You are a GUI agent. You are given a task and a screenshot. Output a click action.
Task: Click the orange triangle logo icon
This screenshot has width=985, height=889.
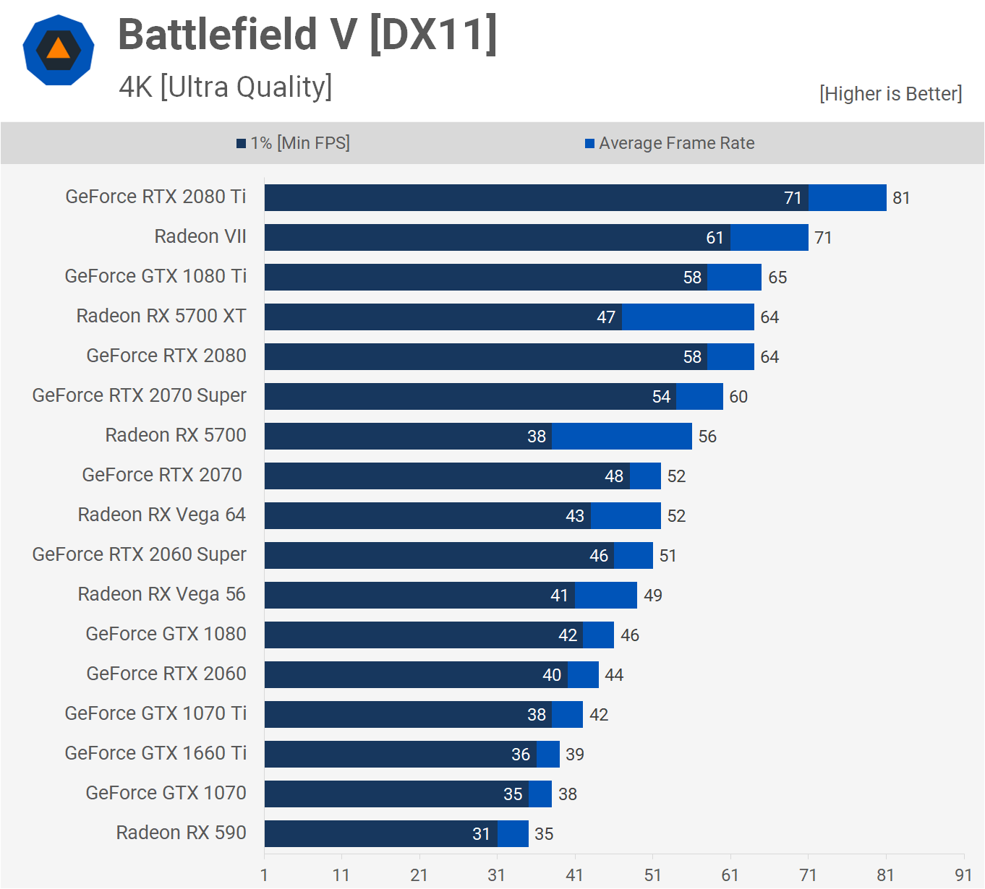(x=59, y=49)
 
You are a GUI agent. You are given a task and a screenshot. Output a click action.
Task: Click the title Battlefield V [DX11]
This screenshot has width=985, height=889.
(x=307, y=35)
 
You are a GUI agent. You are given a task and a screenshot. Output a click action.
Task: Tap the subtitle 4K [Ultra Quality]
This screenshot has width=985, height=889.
(x=226, y=87)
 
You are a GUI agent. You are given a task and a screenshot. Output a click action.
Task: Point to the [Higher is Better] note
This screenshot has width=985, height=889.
(x=890, y=94)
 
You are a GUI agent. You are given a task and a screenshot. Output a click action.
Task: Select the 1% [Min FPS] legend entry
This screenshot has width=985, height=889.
(x=294, y=143)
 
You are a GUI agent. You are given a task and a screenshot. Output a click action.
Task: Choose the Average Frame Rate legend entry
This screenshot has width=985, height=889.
(x=670, y=143)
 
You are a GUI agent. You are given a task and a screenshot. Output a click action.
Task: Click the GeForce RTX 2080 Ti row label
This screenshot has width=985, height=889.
(x=155, y=197)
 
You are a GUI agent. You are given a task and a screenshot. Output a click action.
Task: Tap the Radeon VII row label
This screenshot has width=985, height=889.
(x=200, y=236)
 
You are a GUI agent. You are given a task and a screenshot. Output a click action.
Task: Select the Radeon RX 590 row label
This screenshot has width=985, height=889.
(x=181, y=833)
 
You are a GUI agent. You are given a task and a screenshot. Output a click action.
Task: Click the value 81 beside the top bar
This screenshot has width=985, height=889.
(x=901, y=198)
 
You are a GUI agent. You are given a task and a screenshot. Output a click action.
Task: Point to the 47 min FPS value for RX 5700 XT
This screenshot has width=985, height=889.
(x=606, y=317)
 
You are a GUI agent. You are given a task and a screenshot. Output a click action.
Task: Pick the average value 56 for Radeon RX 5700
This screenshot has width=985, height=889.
(x=707, y=437)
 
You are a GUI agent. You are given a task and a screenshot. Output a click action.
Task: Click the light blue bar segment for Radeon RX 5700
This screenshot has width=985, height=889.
(x=621, y=436)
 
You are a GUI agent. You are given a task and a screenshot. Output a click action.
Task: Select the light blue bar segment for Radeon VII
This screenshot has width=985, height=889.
(x=769, y=237)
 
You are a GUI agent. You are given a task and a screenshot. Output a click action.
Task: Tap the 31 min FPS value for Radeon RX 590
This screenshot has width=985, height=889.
(x=482, y=834)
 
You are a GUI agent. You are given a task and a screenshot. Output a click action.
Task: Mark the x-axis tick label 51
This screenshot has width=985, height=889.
(x=652, y=875)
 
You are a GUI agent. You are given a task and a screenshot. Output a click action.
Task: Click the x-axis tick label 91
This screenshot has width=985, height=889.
(x=963, y=875)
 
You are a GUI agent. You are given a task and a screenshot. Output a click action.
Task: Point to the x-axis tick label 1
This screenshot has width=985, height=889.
(x=264, y=875)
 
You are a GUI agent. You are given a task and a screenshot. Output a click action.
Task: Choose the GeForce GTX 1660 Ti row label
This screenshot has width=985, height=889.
(x=155, y=753)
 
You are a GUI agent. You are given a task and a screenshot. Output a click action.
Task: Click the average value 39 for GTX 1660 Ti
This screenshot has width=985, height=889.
(x=575, y=755)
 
